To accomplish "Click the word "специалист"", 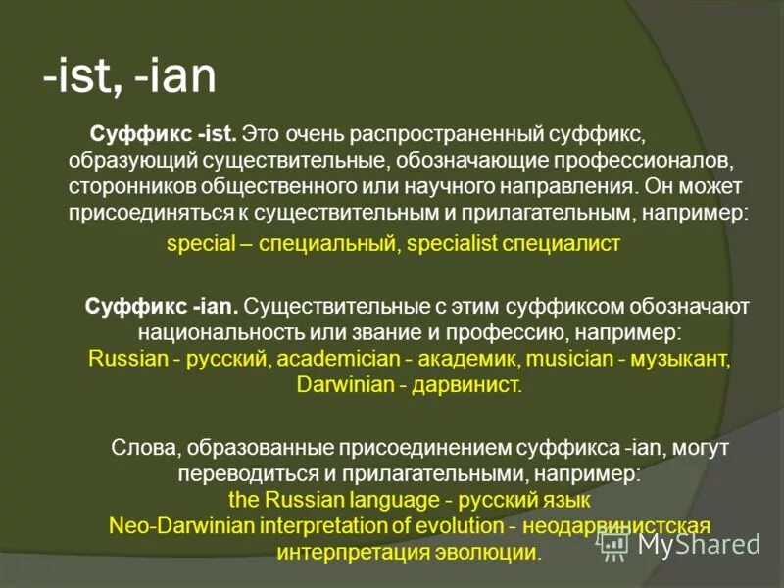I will pos(562,244).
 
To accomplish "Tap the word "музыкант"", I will pos(681,358).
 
